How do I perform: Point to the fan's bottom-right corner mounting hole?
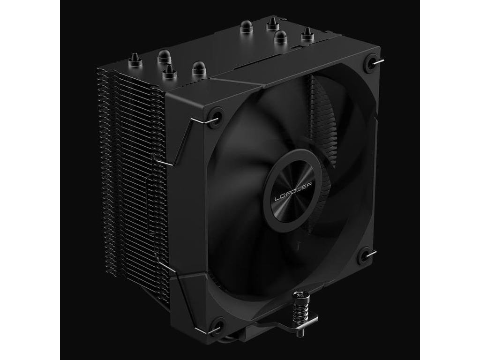tap(364, 257)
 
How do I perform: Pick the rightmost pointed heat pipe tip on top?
tap(307, 34)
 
